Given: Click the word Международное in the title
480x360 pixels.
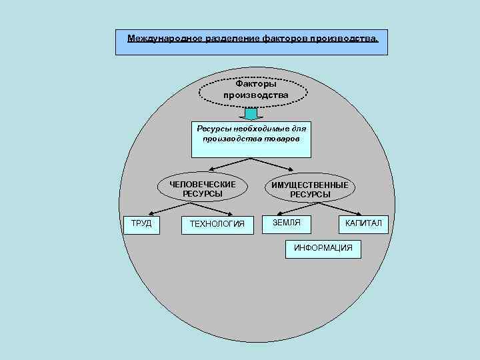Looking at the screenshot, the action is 160,38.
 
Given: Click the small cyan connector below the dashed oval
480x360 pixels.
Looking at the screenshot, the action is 251,114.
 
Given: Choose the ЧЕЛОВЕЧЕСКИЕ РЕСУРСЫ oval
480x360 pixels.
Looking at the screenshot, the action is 202,189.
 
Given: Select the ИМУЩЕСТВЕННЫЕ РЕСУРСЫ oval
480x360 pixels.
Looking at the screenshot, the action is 309,189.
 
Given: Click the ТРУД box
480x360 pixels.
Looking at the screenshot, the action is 141,223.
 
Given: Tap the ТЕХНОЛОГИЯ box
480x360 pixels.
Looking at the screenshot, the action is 217,224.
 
